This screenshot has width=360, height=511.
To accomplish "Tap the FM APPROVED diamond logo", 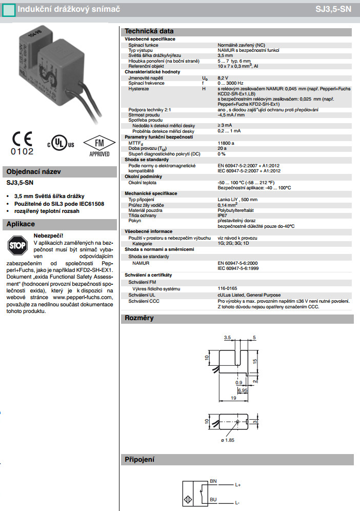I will (x=96, y=145).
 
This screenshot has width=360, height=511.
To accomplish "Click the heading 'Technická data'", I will (x=149, y=31).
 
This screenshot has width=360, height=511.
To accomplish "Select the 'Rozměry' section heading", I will (x=139, y=318).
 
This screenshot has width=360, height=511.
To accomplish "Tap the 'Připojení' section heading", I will (x=139, y=459).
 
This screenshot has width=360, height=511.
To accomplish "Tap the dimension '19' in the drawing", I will (x=233, y=398).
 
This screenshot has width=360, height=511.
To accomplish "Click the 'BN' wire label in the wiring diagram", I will (x=214, y=481).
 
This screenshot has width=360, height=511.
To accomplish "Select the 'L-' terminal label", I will (x=238, y=503).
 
